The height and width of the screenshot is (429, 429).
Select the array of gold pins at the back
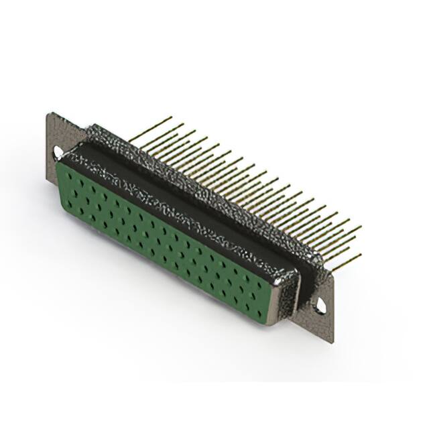click(268, 194)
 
